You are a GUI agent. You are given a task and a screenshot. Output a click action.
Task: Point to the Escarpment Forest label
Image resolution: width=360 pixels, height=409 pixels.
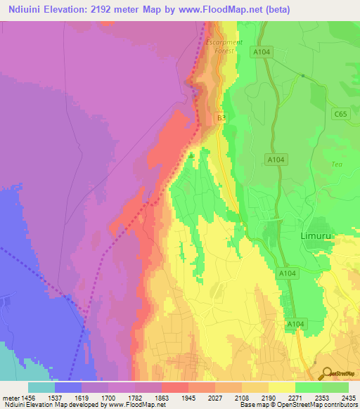tap(224, 46)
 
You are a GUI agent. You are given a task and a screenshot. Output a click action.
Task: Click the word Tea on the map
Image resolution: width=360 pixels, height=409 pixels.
tap(336, 164)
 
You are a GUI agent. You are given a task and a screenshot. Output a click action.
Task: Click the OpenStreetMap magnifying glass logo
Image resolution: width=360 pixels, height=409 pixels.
tap(326, 374)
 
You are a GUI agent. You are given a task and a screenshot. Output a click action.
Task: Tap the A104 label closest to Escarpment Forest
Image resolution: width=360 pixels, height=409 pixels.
tap(262, 53)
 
